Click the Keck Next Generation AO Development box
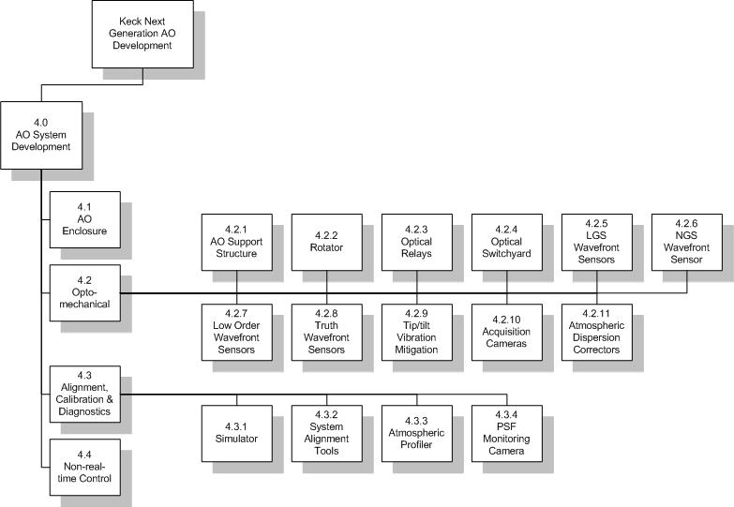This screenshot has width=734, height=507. pos(142,34)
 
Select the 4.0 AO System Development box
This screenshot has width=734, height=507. pos(41,135)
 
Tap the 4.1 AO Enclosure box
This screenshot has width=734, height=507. pos(85,219)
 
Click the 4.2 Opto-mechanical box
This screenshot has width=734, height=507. pos(85,293)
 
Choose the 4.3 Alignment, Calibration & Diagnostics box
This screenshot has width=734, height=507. pos(85,395)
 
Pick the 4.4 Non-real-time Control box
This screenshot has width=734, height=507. pos(85,468)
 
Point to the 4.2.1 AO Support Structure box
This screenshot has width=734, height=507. pos(237,242)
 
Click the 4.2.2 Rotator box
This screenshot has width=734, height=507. pos(327,242)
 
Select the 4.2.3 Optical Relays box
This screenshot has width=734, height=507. pos(417,242)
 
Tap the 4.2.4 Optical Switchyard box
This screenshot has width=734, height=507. pos(507,242)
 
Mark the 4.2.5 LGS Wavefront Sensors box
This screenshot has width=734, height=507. pos(597,242)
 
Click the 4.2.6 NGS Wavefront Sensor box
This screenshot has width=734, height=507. pos(687,242)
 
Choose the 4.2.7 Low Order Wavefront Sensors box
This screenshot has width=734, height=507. pos(237,333)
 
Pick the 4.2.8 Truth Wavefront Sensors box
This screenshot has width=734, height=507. pos(327,333)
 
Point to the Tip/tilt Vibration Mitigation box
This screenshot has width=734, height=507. pos(417,333)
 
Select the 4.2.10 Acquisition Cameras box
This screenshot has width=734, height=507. pos(507,333)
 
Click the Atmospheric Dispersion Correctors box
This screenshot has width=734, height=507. pos(597,333)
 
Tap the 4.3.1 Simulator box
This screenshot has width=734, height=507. pos(237,434)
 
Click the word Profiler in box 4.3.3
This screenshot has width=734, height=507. pos(416,445)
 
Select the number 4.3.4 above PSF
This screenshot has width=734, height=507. pos(506,415)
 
